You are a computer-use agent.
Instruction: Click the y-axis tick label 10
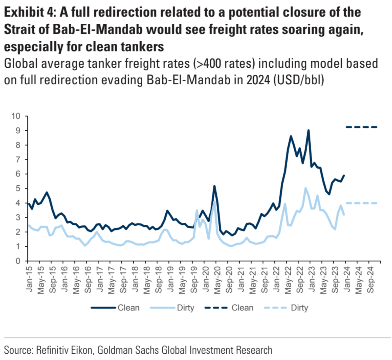(16, 116)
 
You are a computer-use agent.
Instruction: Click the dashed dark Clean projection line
(361, 127)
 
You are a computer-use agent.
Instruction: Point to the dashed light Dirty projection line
(361, 203)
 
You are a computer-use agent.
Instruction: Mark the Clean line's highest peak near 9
(308, 130)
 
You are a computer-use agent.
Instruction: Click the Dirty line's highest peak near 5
(305, 188)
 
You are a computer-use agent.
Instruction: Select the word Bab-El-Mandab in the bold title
(100, 30)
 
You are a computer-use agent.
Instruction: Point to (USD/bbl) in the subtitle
(299, 80)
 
